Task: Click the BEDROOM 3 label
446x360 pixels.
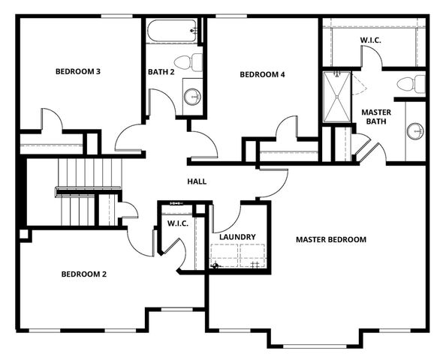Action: coord(78,72)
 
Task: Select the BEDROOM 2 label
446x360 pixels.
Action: coord(83,274)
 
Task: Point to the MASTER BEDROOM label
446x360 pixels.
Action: coord(330,240)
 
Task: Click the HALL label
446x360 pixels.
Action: coord(197,181)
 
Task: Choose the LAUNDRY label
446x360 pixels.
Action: coord(237,237)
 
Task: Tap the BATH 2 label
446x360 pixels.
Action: coord(161,72)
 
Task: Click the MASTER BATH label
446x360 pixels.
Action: coord(375,118)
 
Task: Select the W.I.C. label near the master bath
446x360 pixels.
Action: coord(370,40)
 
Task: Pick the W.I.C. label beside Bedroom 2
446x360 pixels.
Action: coord(177,223)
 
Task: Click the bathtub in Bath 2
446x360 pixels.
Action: coord(172,32)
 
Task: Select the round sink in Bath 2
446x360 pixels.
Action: coord(192,96)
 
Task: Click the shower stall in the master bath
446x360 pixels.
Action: coord(336,95)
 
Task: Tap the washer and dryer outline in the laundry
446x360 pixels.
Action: coord(237,256)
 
